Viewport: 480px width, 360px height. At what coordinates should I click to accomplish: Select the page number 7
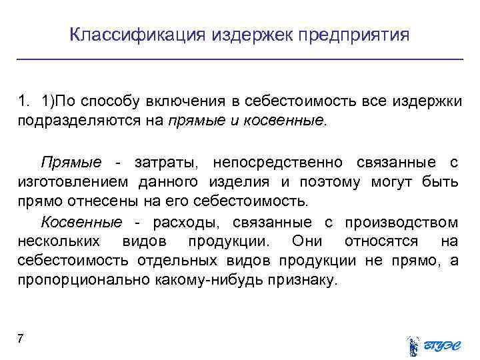pyautogui.click(x=21, y=339)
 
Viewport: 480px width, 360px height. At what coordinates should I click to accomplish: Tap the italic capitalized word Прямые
pyautogui.click(x=70, y=163)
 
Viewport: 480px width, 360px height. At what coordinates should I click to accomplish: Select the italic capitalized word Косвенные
pyautogui.click(x=81, y=221)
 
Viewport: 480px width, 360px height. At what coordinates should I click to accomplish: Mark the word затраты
pyautogui.click(x=164, y=163)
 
